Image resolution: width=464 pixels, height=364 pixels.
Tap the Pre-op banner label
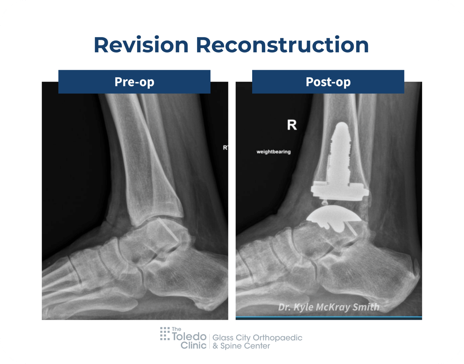tap(134, 82)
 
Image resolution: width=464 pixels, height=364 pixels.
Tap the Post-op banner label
tap(328, 82)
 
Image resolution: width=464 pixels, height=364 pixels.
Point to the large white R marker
tap(292, 125)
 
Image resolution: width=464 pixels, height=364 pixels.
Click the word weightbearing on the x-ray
tap(274, 152)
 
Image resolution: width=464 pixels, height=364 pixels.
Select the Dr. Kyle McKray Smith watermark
tap(328, 307)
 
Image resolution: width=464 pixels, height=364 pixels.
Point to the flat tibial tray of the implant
tap(340, 190)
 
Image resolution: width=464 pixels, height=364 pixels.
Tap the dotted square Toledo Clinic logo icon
tap(165, 333)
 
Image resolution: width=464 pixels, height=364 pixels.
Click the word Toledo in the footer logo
tap(189, 336)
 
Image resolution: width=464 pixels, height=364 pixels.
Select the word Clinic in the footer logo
tap(193, 345)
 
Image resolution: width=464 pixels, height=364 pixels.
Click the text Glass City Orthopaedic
tap(257, 338)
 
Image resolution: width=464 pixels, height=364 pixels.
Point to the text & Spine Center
tap(241, 346)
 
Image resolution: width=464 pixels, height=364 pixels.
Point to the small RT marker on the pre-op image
tap(226, 147)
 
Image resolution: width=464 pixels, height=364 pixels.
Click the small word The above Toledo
tap(177, 329)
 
